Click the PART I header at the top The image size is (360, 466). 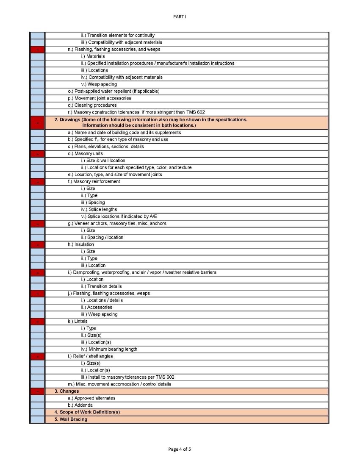(180, 17)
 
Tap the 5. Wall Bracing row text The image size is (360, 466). (71, 419)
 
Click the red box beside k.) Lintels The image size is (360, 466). (37, 322)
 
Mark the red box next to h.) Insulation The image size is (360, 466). (37, 244)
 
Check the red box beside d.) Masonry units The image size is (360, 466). (37, 154)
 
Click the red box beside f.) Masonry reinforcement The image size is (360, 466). (37, 182)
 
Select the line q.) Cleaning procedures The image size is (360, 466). (92, 105)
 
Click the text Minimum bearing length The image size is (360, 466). (113, 349)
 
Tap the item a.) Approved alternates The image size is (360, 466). (91, 398)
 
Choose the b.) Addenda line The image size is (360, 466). (80, 405)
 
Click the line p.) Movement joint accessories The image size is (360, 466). (99, 98)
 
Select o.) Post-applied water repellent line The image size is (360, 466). (114, 91)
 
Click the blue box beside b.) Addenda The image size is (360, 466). (37, 405)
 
